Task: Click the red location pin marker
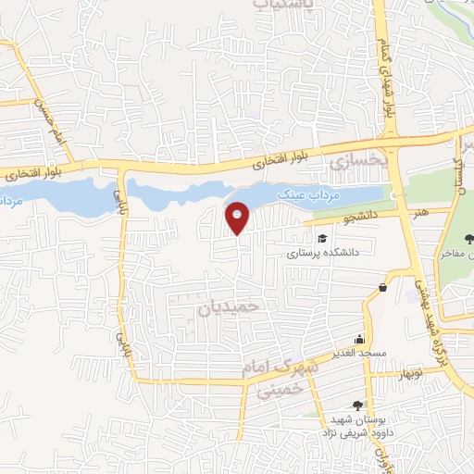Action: [x=238, y=218]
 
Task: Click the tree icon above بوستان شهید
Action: [x=358, y=405]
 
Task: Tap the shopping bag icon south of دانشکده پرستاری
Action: [x=382, y=288]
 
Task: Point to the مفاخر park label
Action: [x=456, y=252]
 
